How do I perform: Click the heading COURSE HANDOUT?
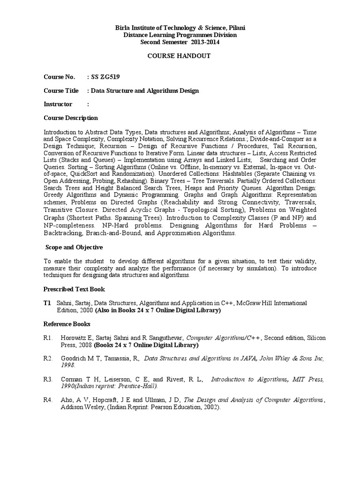pos(180,56)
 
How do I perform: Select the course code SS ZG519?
pos(107,76)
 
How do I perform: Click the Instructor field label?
pos(58,104)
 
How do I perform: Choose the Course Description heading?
pos(71,118)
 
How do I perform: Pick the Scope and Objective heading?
pos(74,247)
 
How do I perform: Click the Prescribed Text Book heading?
pos(74,289)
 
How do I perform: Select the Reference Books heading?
pos(67,324)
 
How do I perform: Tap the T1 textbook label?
pos(47,303)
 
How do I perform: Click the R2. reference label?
pos(48,359)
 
